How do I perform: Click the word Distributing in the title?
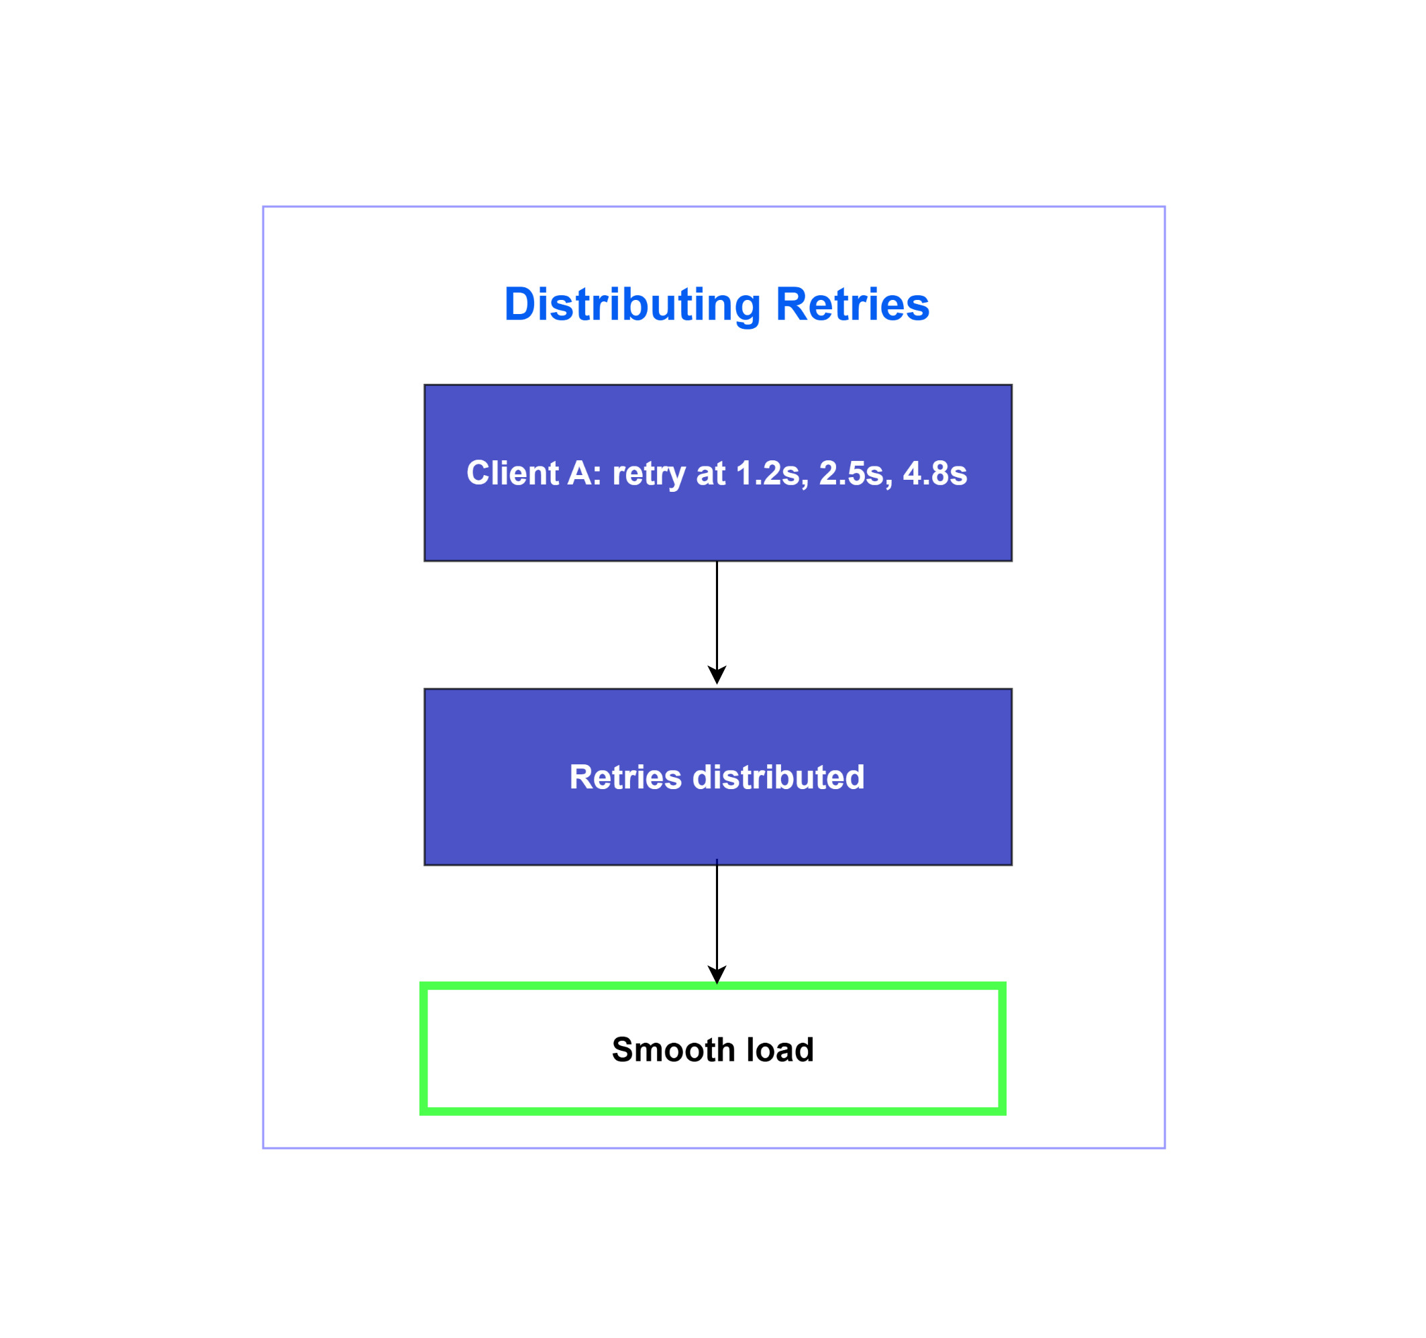(632, 305)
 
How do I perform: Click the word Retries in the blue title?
(853, 305)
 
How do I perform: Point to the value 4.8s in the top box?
(935, 474)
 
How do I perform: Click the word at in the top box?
(711, 474)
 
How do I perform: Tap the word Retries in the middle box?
(625, 777)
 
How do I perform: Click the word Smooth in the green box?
(674, 1049)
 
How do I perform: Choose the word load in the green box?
(780, 1049)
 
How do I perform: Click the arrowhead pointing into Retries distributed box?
(717, 676)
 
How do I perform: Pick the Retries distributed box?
(718, 777)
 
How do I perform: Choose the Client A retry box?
(718, 474)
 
